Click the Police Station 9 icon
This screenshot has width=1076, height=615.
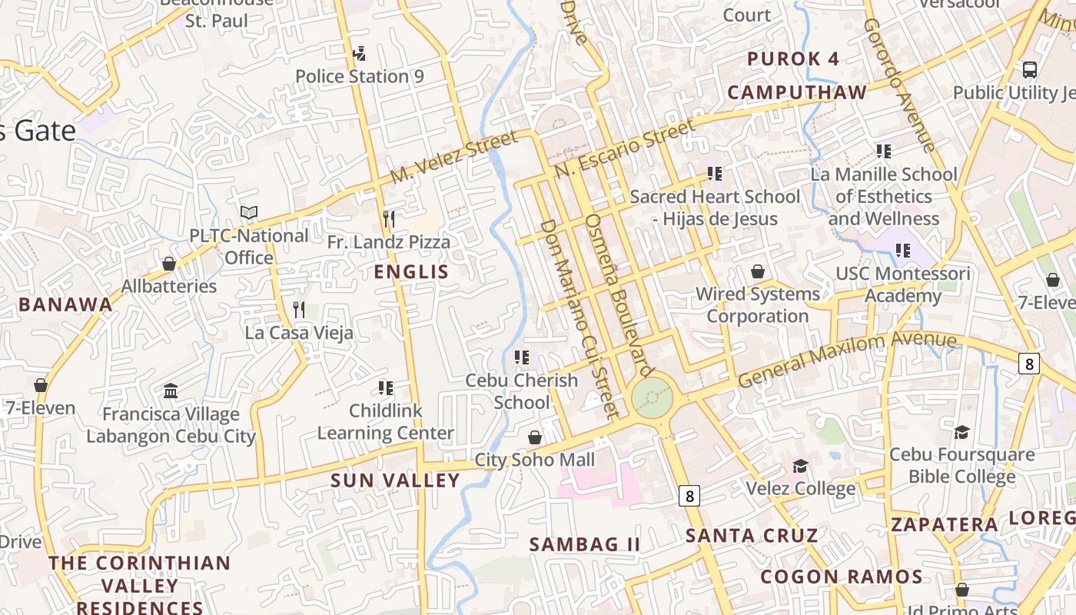point(359,53)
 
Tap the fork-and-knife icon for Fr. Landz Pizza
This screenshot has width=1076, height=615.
point(388,219)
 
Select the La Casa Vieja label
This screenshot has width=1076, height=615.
point(299,333)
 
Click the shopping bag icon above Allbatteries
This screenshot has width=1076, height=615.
point(169,264)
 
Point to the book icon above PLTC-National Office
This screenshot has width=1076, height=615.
point(248,212)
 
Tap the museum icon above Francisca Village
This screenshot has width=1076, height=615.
point(171,391)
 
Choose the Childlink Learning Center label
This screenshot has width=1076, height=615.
point(385,422)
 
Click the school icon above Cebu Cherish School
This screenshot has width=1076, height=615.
point(522,357)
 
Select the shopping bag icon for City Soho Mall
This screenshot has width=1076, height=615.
point(535,437)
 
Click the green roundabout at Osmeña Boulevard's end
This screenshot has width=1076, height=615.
point(653,397)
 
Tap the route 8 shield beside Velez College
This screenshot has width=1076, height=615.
point(689,496)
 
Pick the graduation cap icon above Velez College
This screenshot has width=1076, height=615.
point(800,466)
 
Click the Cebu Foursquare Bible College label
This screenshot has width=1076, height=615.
point(961,465)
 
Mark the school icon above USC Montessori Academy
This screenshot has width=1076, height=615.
point(903,250)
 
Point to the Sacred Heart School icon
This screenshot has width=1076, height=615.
point(715,174)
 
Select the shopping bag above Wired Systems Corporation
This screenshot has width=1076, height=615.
point(758,271)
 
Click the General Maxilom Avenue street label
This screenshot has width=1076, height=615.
point(847,359)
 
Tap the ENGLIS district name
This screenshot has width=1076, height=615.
point(410,271)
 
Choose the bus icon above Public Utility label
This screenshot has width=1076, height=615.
point(1030,69)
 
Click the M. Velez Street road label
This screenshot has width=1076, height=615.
point(453,158)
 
